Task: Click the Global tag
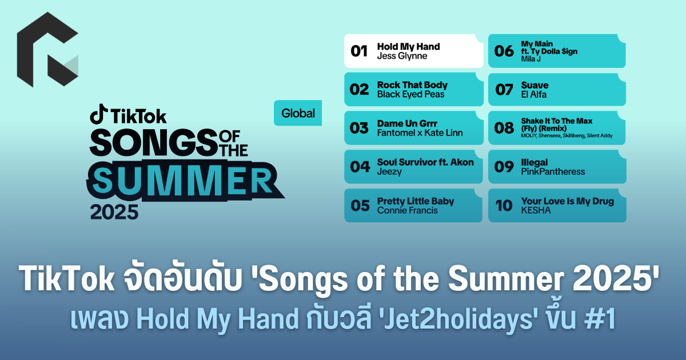pyautogui.click(x=298, y=113)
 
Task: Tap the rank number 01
pyautogui.click(x=359, y=51)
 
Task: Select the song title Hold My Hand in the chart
pyautogui.click(x=408, y=46)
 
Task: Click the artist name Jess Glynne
pyautogui.click(x=402, y=56)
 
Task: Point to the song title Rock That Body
pyautogui.click(x=412, y=85)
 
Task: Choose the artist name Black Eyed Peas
pyautogui.click(x=410, y=94)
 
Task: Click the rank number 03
pyautogui.click(x=359, y=128)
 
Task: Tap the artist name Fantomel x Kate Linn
pyautogui.click(x=420, y=133)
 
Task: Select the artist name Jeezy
pyautogui.click(x=389, y=172)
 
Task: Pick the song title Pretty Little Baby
pyautogui.click(x=416, y=201)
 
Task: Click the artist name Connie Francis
pyautogui.click(x=407, y=211)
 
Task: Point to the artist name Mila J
pyautogui.click(x=531, y=59)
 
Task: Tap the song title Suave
pyautogui.click(x=535, y=85)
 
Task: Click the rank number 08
pyautogui.click(x=504, y=128)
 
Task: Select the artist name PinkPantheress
pyautogui.click(x=553, y=172)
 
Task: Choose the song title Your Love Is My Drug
pyautogui.click(x=568, y=201)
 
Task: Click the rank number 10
pyautogui.click(x=504, y=205)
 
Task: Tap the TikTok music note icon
pyautogui.click(x=98, y=114)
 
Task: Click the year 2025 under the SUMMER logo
pyautogui.click(x=114, y=212)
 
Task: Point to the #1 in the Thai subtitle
pyautogui.click(x=600, y=319)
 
